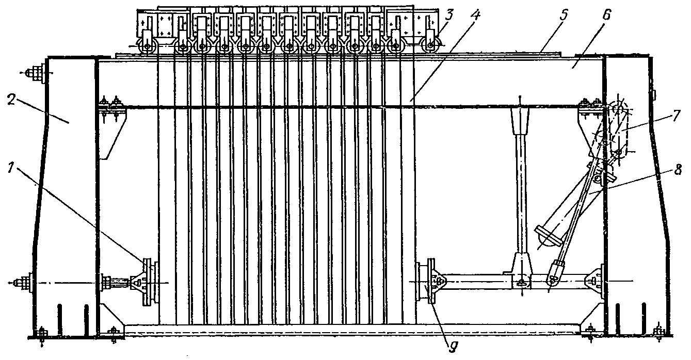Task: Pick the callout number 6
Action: pyautogui.click(x=606, y=16)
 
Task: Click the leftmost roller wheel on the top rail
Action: pyautogui.click(x=148, y=47)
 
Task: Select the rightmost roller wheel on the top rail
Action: pyautogui.click(x=430, y=47)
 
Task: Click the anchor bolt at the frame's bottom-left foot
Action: pyautogui.click(x=42, y=334)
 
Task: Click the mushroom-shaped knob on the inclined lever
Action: pyautogui.click(x=547, y=237)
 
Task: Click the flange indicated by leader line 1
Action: pyautogui.click(x=147, y=282)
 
